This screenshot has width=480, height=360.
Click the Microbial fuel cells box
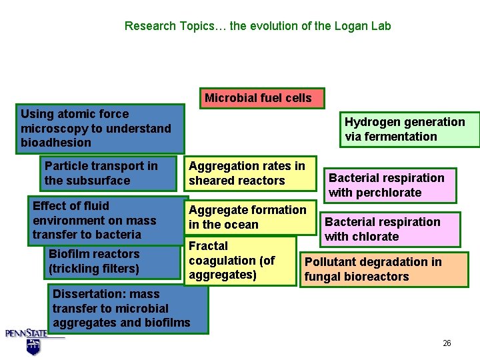tap(258, 98)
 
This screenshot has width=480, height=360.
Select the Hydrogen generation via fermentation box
tap(405, 129)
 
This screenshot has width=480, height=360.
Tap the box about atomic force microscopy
tap(100, 128)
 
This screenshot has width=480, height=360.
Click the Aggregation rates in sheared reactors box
tap(249, 173)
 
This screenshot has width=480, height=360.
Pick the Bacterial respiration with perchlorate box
tap(390, 185)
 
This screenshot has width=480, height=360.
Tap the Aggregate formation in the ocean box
tap(249, 217)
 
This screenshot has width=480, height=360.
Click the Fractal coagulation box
tap(239, 261)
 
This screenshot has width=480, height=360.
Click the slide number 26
tap(447, 343)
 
